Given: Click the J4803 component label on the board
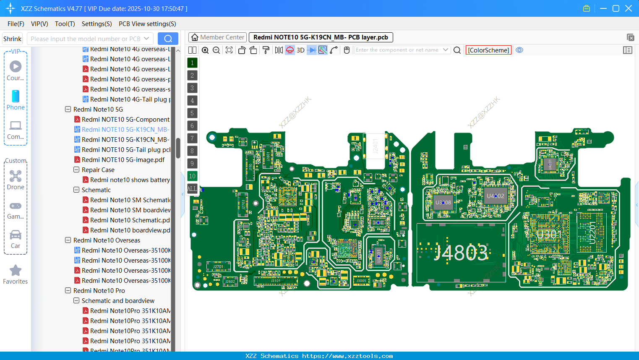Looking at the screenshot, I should (461, 253).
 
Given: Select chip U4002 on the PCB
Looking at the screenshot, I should (496, 196).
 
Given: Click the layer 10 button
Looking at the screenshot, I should (192, 176).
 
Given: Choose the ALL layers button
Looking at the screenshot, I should (192, 189).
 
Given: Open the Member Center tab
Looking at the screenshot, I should (218, 37).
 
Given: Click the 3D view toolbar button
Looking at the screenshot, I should (300, 50).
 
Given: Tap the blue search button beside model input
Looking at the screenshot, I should (168, 39).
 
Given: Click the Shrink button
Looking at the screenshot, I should (12, 39).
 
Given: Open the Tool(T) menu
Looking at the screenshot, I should (65, 24).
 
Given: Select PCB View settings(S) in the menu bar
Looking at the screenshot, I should (147, 24).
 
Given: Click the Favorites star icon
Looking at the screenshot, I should (16, 271).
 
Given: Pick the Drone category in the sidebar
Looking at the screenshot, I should (16, 177).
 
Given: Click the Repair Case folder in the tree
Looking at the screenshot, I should (98, 170).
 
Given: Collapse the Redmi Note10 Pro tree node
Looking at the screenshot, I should (68, 291).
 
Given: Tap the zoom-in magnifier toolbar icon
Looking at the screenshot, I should (205, 50).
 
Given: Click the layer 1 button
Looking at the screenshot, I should (192, 63).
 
